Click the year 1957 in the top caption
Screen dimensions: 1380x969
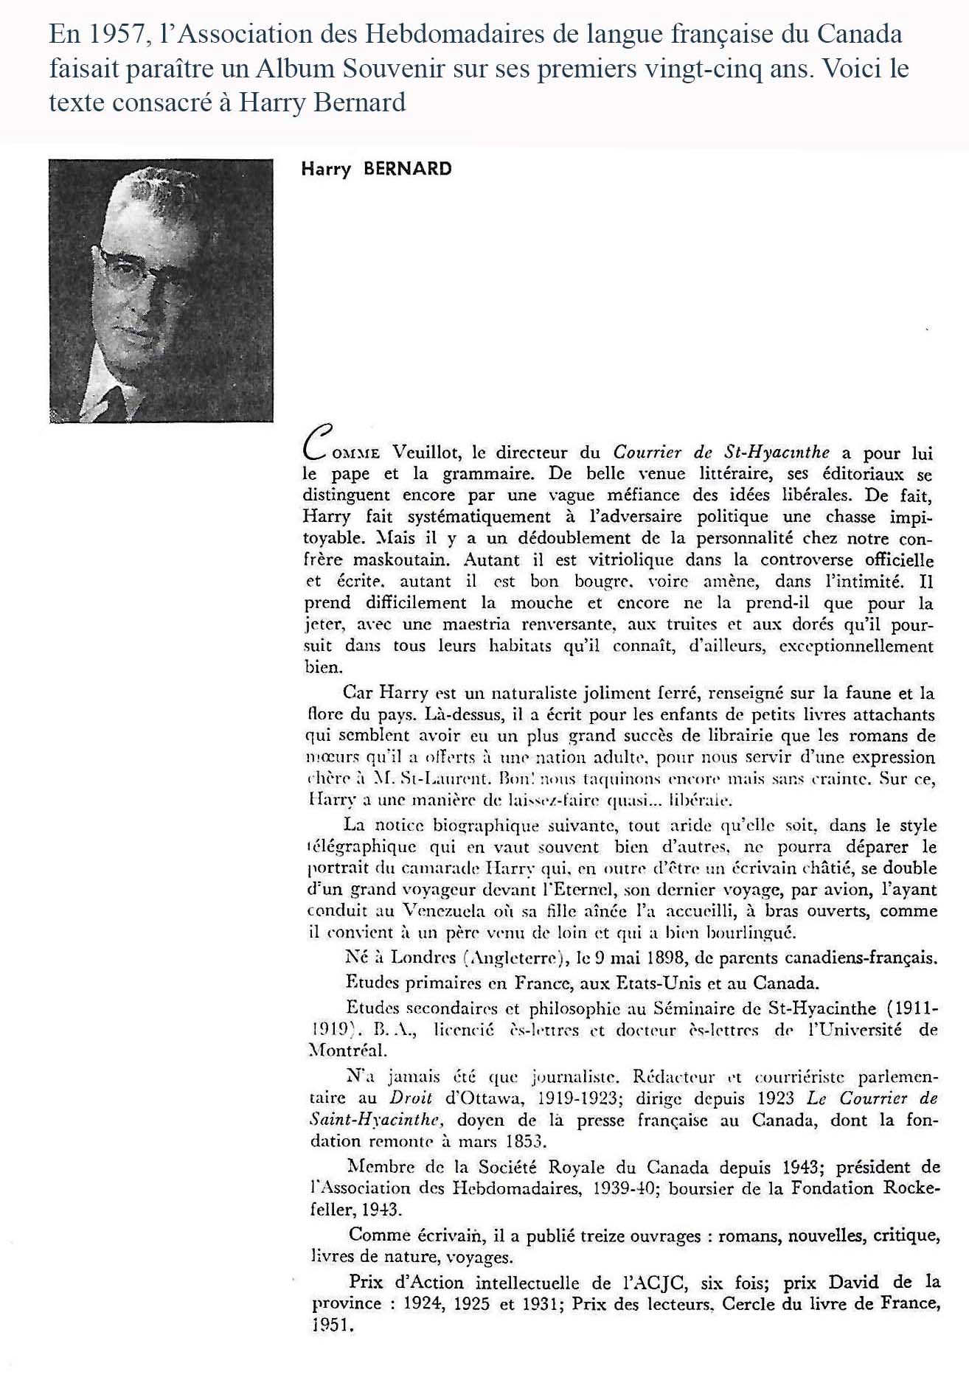pos(112,34)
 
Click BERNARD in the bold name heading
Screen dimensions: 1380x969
pos(407,169)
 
